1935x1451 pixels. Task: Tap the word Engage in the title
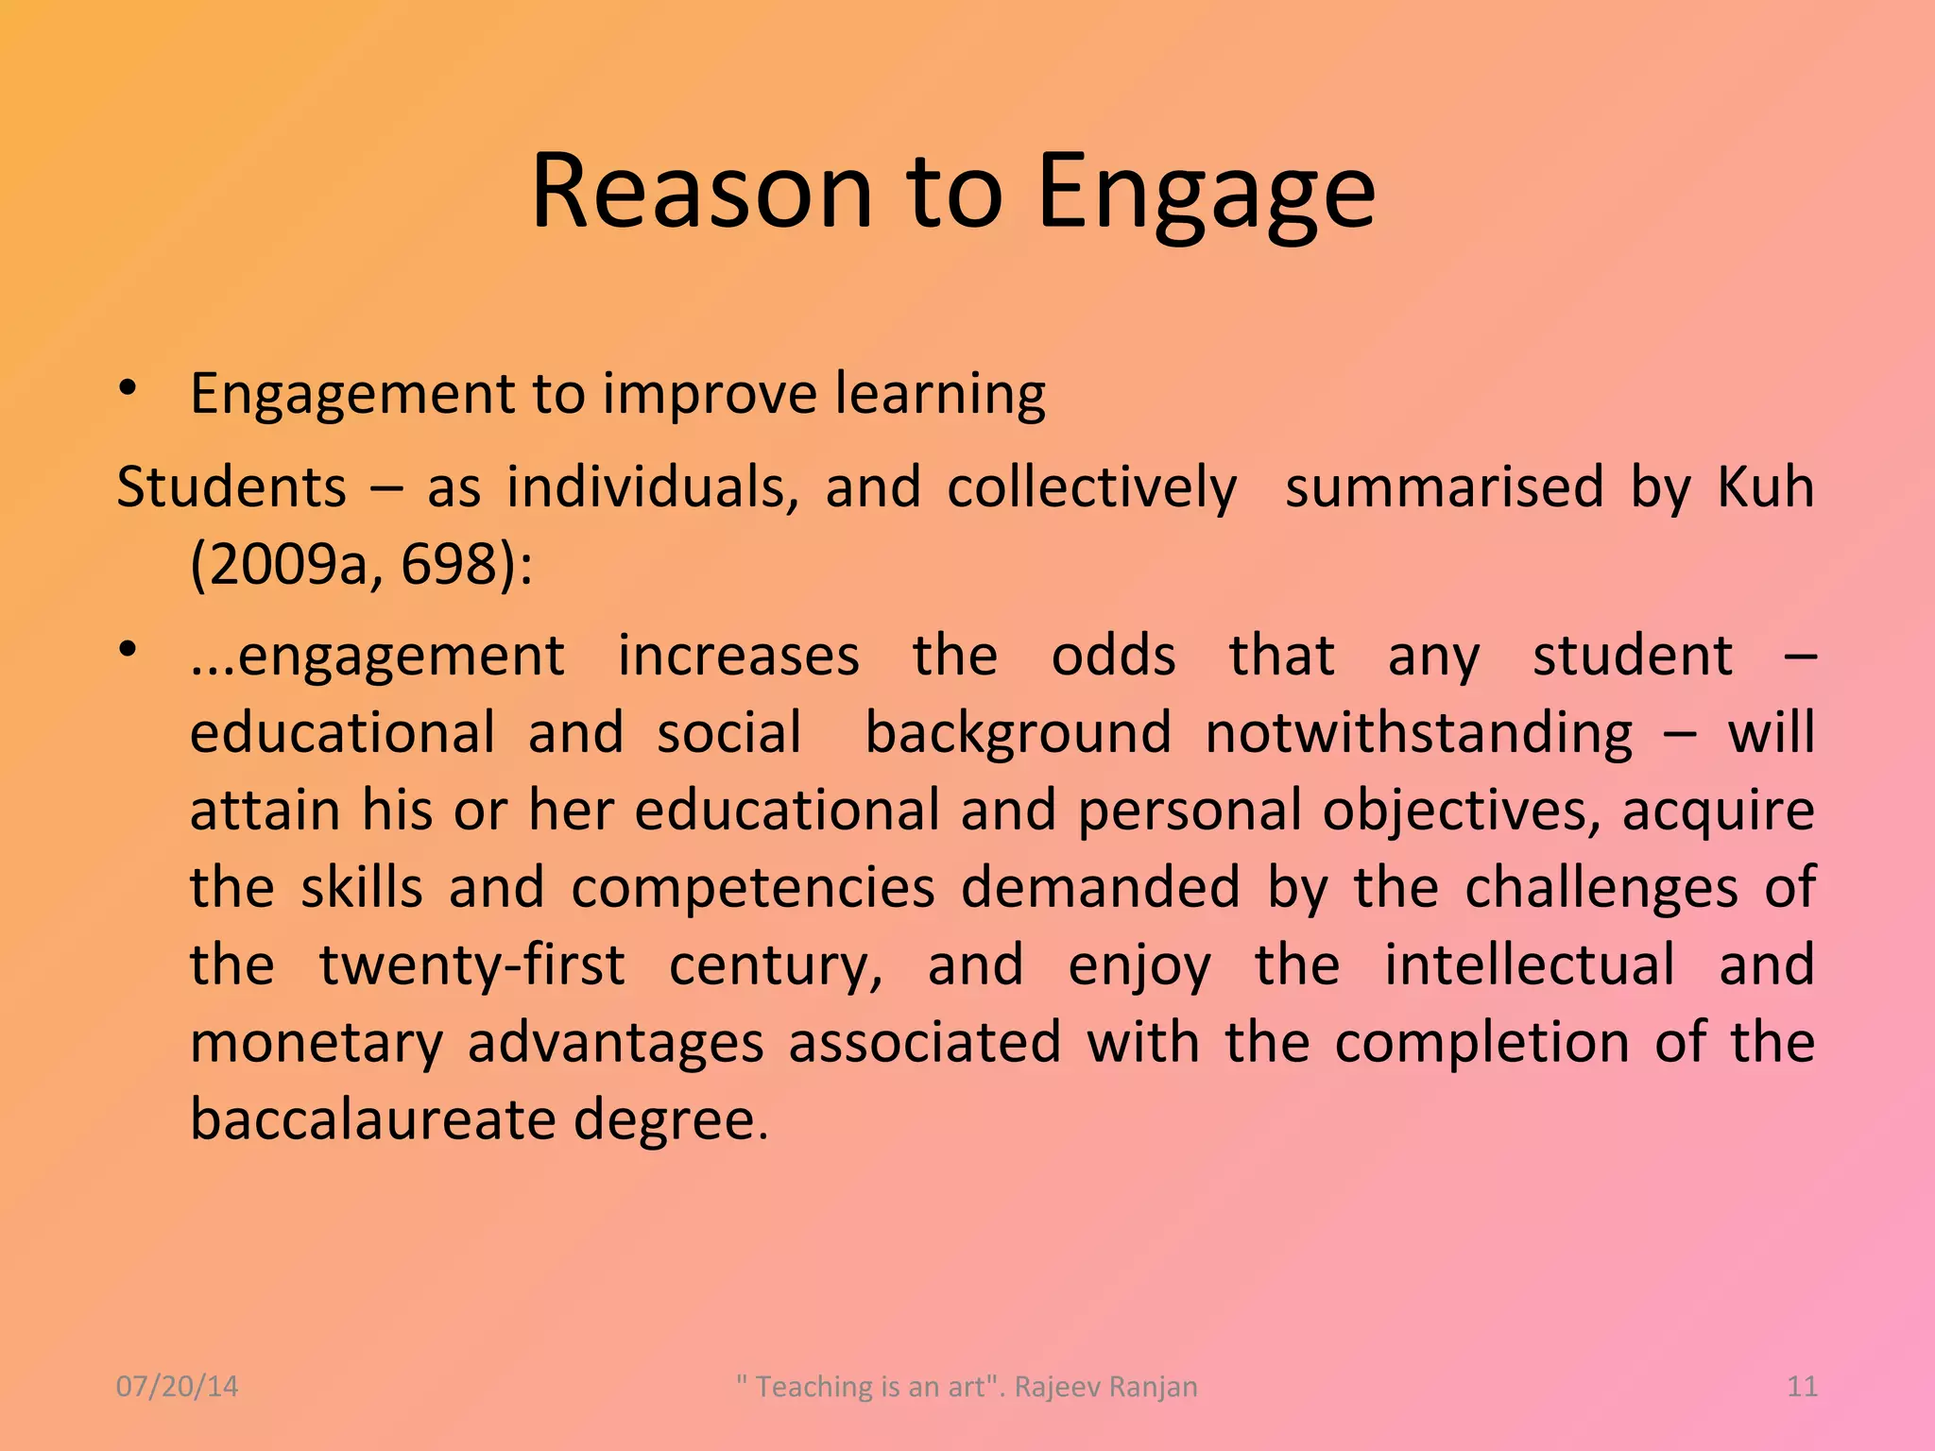pyautogui.click(x=1206, y=195)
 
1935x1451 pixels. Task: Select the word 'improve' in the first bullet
pyautogui.click(x=709, y=395)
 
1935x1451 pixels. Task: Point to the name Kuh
pyautogui.click(x=1764, y=487)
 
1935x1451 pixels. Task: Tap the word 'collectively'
pyautogui.click(x=1091, y=487)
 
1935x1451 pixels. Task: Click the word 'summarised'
pyautogui.click(x=1444, y=487)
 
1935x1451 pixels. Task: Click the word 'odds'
pyautogui.click(x=1113, y=656)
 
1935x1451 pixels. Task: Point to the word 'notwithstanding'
pyautogui.click(x=1418, y=734)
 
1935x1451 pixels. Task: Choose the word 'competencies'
pyautogui.click(x=753, y=889)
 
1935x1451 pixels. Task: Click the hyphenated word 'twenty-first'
pyautogui.click(x=471, y=965)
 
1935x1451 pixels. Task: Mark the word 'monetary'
pyautogui.click(x=317, y=1044)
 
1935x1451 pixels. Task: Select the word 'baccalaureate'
pyautogui.click(x=373, y=1119)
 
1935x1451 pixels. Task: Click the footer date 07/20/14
pyautogui.click(x=177, y=1387)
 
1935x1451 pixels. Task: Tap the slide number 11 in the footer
pyautogui.click(x=1803, y=1387)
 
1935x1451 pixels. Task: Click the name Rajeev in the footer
pyautogui.click(x=1055, y=1387)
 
